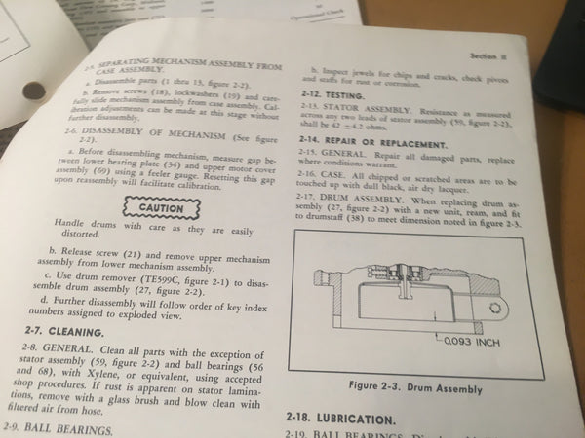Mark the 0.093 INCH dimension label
pos(471,342)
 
